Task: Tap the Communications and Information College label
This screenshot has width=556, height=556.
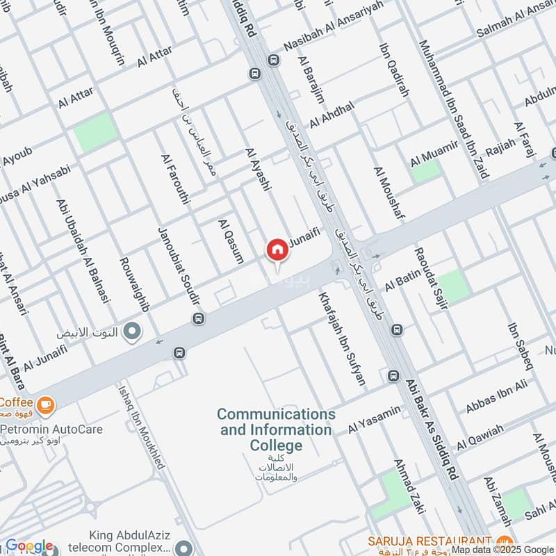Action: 276,430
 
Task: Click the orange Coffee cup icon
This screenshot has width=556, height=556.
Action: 46,402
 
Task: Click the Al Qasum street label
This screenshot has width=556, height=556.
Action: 231,242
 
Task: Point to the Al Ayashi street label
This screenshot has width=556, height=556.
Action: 257,169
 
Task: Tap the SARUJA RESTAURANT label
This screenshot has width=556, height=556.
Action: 431,541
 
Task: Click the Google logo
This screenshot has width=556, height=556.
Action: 29,546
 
